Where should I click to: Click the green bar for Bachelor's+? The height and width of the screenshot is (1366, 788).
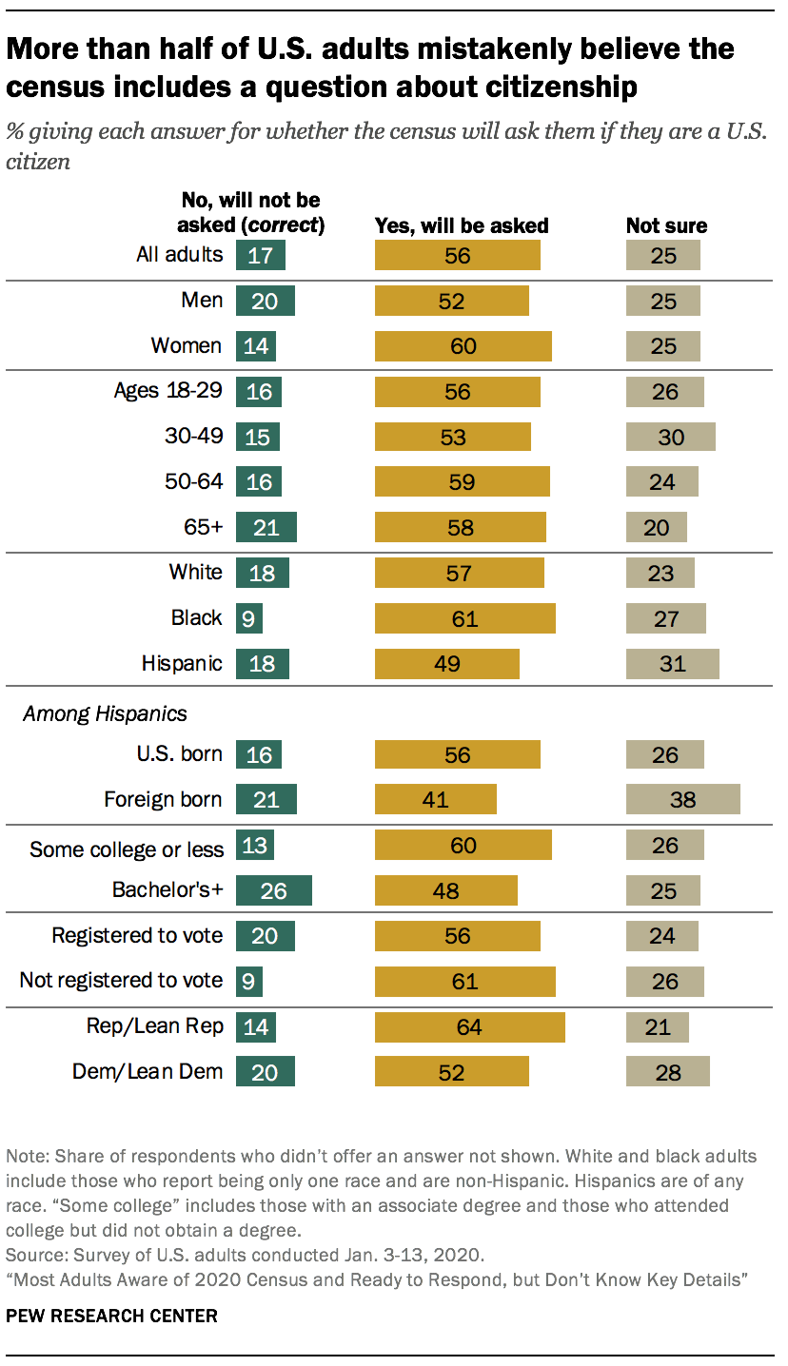click(x=273, y=890)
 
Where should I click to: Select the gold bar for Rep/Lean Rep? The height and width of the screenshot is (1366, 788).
click(x=469, y=1027)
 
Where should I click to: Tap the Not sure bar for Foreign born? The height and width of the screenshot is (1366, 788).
click(x=682, y=799)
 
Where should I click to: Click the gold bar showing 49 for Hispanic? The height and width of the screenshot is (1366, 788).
click(x=447, y=664)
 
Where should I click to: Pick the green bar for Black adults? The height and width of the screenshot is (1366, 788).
click(x=248, y=618)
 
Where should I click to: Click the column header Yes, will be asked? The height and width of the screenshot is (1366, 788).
click(x=462, y=226)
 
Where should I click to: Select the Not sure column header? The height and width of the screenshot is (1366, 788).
click(x=666, y=226)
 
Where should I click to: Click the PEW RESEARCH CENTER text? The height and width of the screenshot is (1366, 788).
click(x=111, y=1317)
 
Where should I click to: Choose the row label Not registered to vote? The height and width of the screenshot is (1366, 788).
click(x=121, y=981)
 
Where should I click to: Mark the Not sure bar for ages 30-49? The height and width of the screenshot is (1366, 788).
click(x=670, y=437)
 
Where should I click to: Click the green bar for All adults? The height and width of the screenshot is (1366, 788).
click(x=260, y=255)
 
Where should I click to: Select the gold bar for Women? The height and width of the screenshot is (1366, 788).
click(x=463, y=346)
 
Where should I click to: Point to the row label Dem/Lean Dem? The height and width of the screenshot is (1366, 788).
click(x=148, y=1072)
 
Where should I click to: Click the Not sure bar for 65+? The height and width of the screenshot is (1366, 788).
click(x=656, y=527)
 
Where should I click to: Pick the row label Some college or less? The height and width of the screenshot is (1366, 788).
click(x=127, y=849)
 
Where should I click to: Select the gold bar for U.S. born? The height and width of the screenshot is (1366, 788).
click(x=457, y=754)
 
